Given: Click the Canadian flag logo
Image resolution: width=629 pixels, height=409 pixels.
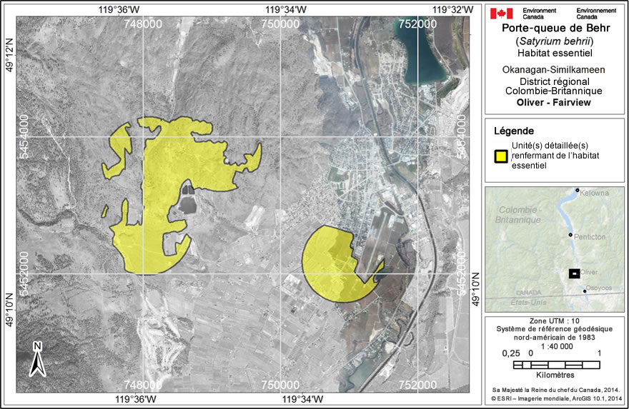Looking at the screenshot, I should pos(501,13).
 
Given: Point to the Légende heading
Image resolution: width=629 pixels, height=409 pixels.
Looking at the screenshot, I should pos(513,131).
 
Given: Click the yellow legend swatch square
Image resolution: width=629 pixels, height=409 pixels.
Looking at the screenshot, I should pos(501,155).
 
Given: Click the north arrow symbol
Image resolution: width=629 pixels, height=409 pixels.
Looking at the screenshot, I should pos(38,358).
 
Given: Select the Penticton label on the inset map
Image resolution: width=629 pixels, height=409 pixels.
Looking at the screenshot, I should pos(590,236).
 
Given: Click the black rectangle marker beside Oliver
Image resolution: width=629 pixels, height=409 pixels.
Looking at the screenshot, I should pos(573,273).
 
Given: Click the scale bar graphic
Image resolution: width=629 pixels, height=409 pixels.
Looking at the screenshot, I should pos(556,365).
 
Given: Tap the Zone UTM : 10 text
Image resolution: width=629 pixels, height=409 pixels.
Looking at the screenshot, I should pos(555,321).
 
